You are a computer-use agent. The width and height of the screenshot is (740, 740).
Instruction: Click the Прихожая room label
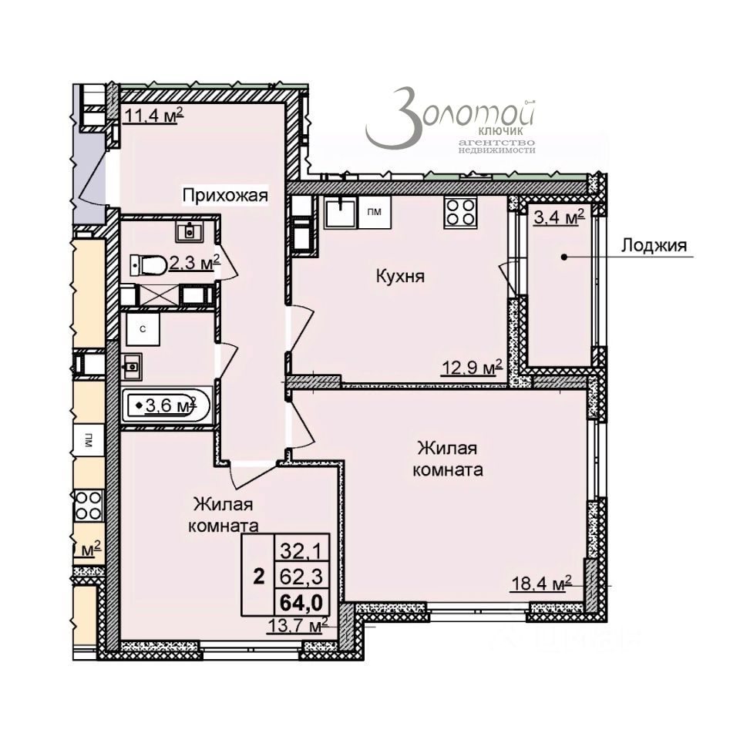pos(225,196)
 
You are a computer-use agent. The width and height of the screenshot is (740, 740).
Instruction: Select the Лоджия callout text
pos(653,247)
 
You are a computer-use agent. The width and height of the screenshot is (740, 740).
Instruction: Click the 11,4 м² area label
pos(153,116)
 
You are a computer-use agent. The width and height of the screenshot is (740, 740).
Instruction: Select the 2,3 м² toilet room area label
pos(195,263)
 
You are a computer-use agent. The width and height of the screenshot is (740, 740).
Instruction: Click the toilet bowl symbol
pos(150,265)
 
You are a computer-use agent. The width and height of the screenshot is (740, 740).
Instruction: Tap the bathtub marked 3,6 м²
pos(166,404)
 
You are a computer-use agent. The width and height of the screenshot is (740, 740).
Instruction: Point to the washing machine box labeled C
pos(143,328)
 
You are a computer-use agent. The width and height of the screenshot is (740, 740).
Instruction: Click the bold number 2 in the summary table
pos(260,574)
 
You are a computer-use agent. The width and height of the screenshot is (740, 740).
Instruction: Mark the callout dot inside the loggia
pos(564,257)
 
